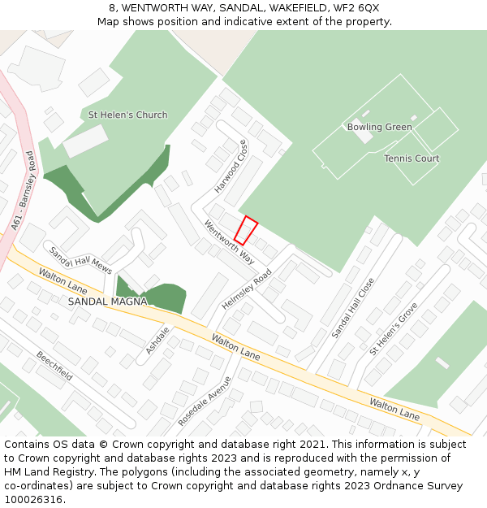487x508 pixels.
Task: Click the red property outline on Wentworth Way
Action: (x=246, y=231)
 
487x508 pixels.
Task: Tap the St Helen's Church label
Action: (x=127, y=115)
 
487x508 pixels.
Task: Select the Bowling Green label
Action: (x=379, y=127)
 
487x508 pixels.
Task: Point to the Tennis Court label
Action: (x=412, y=158)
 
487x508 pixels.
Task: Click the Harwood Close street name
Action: (x=231, y=167)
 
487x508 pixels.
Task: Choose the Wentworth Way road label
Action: (x=230, y=242)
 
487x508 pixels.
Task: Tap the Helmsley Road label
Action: (x=247, y=289)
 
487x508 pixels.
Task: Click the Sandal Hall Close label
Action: (x=353, y=308)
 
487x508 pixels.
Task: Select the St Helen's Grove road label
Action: (x=394, y=329)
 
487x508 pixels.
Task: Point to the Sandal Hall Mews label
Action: (x=80, y=259)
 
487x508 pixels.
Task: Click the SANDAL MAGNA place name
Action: (x=107, y=302)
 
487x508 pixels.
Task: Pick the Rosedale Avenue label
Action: (x=205, y=400)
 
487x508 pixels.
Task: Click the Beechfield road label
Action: (x=54, y=366)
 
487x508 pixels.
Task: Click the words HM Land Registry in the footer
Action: (x=45, y=471)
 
